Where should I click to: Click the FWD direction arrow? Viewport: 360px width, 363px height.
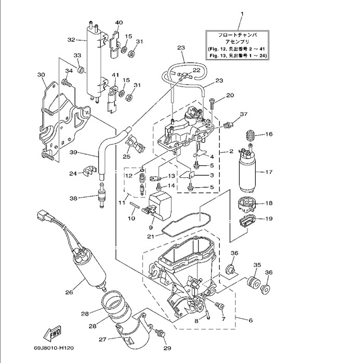pyautogui.click(x=54, y=332)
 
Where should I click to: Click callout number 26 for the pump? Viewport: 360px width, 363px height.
pyautogui.click(x=69, y=292)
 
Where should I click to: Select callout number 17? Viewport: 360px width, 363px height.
pyautogui.click(x=269, y=172)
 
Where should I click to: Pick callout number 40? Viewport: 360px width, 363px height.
pyautogui.click(x=119, y=22)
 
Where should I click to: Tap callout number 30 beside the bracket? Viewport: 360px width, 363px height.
pyautogui.click(x=41, y=75)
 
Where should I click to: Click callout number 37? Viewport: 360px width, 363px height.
pyautogui.click(x=243, y=114)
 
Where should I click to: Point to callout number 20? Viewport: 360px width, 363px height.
pyautogui.click(x=230, y=95)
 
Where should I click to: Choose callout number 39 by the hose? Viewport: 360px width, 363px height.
pyautogui.click(x=73, y=152)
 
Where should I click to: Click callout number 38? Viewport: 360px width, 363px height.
pyautogui.click(x=73, y=198)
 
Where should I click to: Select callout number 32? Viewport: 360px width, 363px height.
pyautogui.click(x=71, y=39)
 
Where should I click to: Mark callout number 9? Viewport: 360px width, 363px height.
pyautogui.click(x=151, y=227)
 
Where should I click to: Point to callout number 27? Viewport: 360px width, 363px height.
pyautogui.click(x=102, y=340)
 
